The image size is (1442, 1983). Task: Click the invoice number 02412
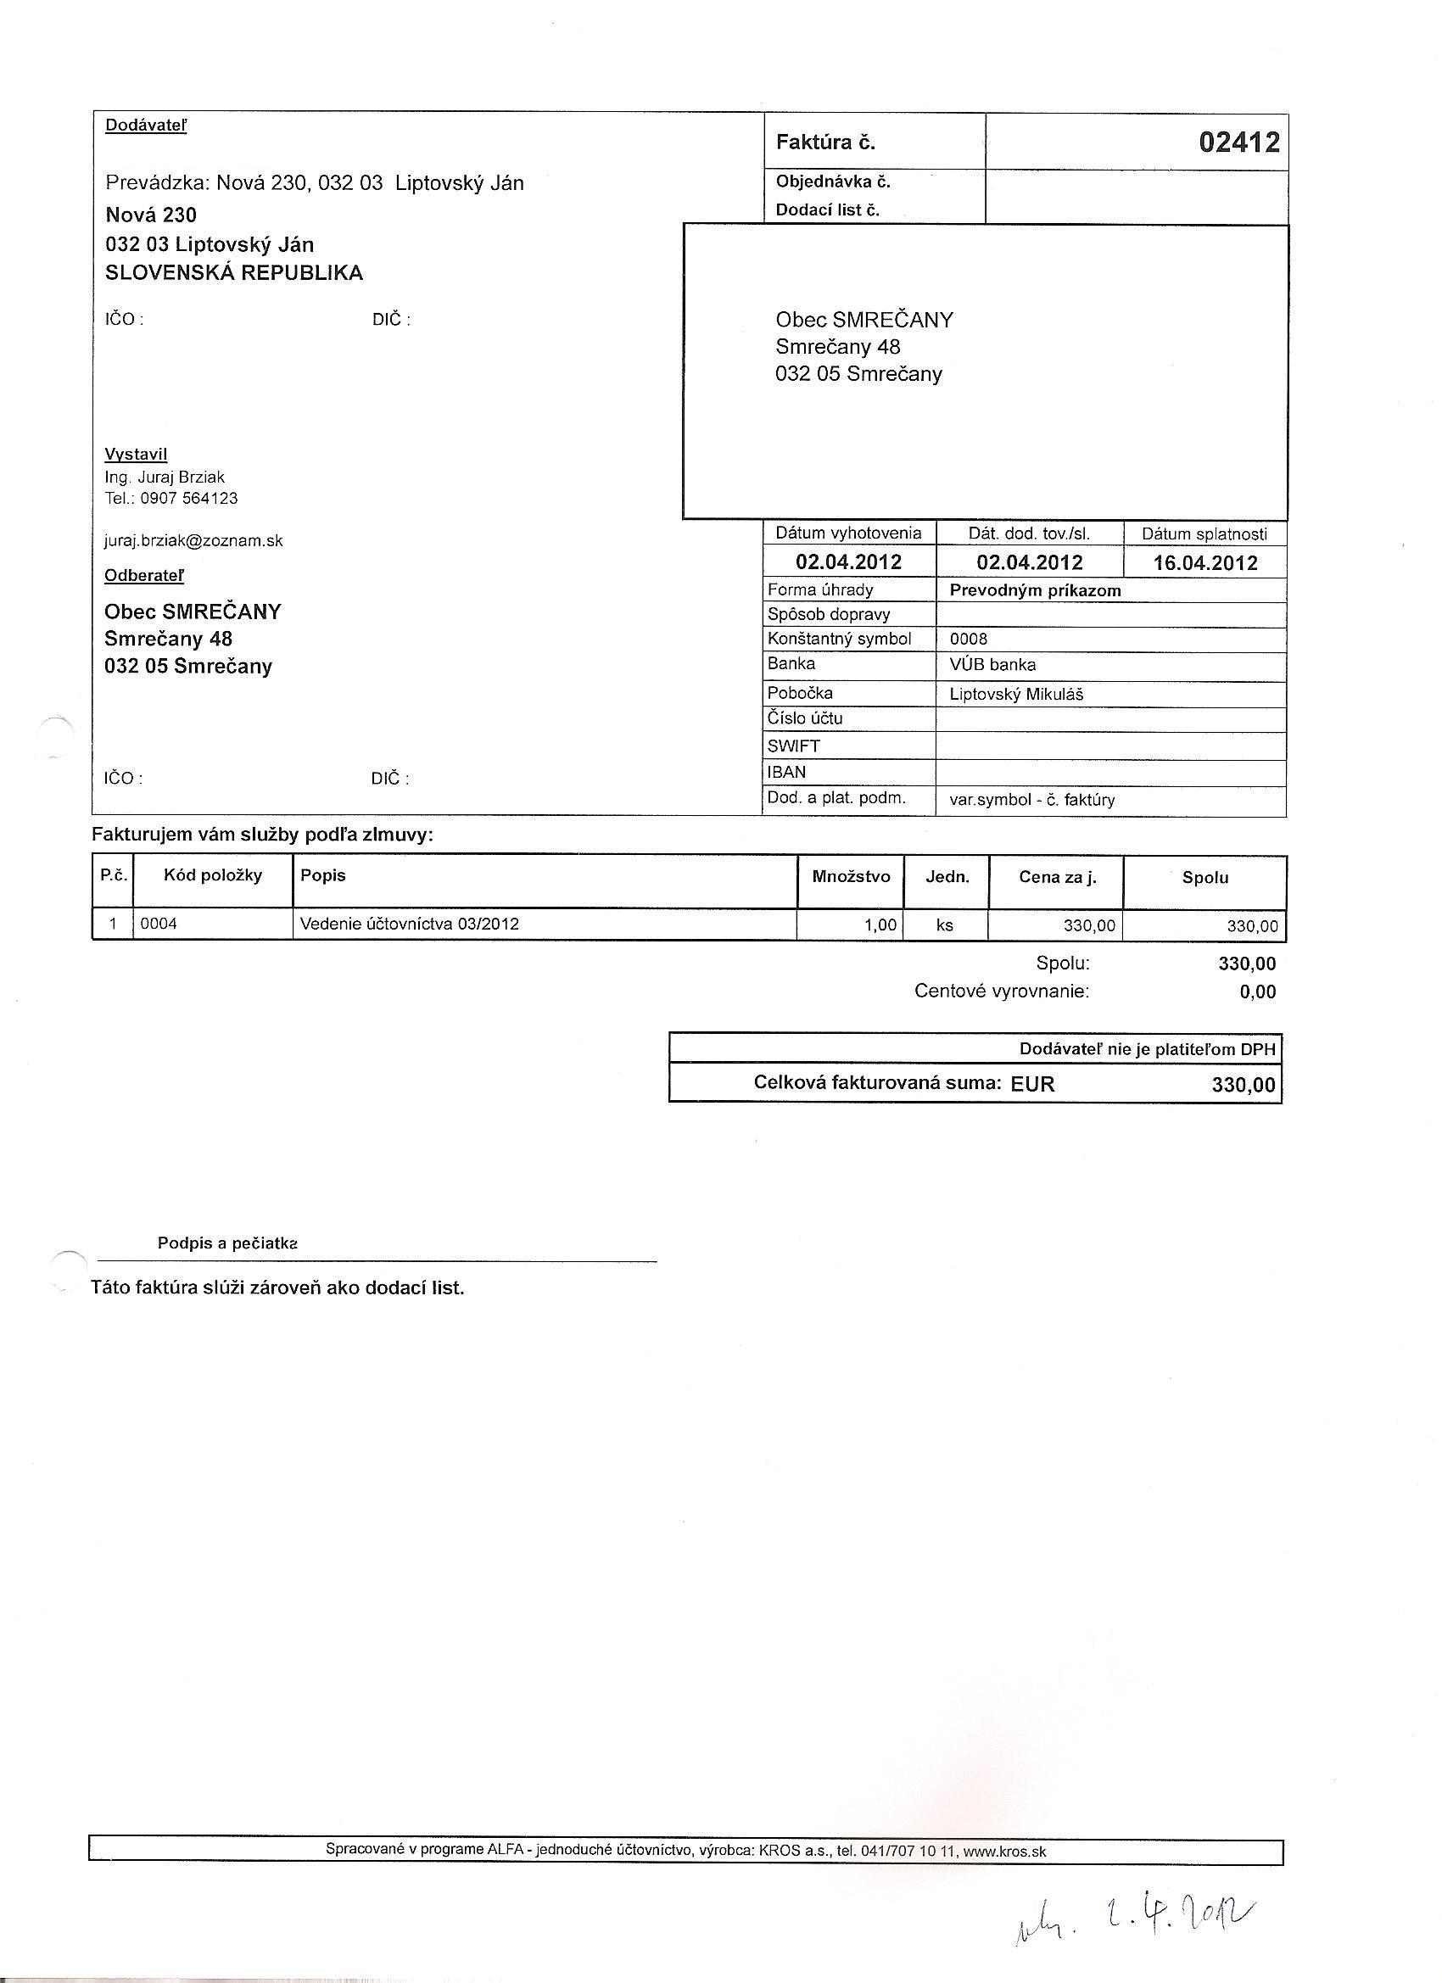[x=1238, y=142]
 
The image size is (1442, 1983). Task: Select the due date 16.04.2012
[x=1204, y=562]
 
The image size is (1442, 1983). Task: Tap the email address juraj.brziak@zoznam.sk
[x=193, y=540]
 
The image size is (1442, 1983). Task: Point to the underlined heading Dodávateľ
[x=146, y=125]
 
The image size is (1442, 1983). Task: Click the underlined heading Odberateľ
[x=144, y=575]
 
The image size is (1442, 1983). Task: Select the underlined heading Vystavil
[x=136, y=454]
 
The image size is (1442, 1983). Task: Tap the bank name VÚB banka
[x=992, y=664]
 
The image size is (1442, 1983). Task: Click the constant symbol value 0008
[x=968, y=640]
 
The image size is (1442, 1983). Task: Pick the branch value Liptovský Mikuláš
[x=1016, y=695]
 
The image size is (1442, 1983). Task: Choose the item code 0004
[x=159, y=924]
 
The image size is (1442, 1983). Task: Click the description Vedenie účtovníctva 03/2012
[x=408, y=924]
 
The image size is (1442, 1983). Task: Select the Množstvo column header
[x=850, y=876]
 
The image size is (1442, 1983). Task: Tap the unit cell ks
[x=944, y=924]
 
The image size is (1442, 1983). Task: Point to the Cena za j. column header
[x=1056, y=877]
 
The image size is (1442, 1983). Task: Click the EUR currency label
[x=1033, y=1084]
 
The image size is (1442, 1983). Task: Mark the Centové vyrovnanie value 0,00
[x=1257, y=991]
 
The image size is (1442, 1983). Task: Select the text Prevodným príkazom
[x=1035, y=590]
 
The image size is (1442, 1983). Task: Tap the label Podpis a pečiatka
[x=227, y=1243]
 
